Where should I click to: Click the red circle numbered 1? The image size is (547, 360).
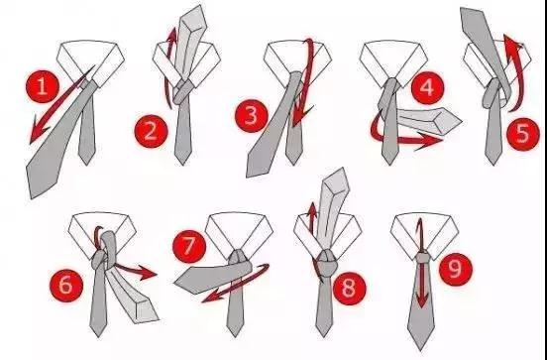pyautogui.click(x=43, y=86)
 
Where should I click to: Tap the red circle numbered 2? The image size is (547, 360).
pyautogui.click(x=151, y=131)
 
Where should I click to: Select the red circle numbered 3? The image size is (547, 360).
pyautogui.click(x=252, y=116)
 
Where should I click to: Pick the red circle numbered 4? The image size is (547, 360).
pyautogui.click(x=428, y=88)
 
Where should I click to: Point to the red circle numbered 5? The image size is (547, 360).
pyautogui.click(x=523, y=135)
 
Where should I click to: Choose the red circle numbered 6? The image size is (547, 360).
pyautogui.click(x=66, y=286)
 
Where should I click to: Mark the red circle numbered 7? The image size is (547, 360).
pyautogui.click(x=189, y=246)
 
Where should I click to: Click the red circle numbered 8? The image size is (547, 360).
pyautogui.click(x=349, y=289)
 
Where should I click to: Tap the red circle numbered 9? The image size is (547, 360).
pyautogui.click(x=456, y=270)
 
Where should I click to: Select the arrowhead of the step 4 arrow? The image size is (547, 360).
pyautogui.click(x=428, y=141)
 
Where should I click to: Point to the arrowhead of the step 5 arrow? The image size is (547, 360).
pyautogui.click(x=511, y=47)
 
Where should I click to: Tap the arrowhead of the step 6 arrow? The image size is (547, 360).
pyautogui.click(x=147, y=273)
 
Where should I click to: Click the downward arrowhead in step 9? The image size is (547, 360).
pyautogui.click(x=422, y=300)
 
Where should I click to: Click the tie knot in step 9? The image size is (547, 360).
pyautogui.click(x=422, y=258)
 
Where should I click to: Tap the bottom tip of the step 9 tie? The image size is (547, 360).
pyautogui.click(x=420, y=350)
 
